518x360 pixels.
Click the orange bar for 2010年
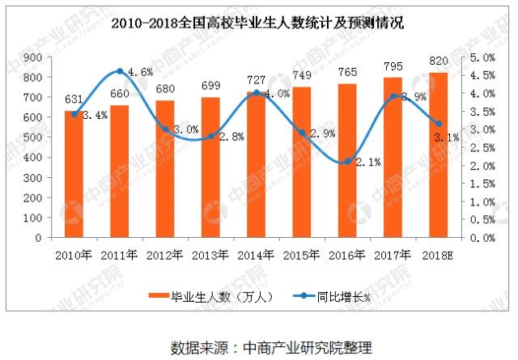point(74,175)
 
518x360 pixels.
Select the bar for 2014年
point(256,165)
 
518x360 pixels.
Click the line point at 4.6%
point(120,72)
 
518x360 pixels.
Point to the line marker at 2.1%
point(346,162)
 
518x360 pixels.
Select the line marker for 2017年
point(393,96)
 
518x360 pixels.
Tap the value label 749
point(301,79)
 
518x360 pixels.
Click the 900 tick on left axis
point(34,57)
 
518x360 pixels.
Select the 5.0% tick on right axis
point(482,57)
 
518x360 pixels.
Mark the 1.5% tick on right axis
point(482,184)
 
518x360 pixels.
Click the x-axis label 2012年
point(165,255)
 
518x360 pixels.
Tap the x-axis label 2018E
point(438,255)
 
